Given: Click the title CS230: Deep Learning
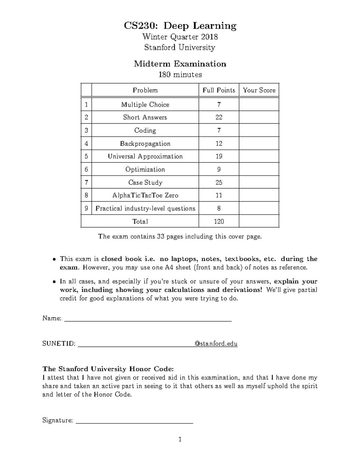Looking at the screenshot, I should click(x=180, y=26).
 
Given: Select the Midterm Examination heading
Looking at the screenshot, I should click(x=180, y=64).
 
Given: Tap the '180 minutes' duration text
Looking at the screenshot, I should click(x=180, y=74).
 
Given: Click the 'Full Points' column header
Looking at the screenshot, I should click(x=219, y=90).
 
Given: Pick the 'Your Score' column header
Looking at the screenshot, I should click(x=259, y=90).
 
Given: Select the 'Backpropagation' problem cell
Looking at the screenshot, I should click(x=145, y=144).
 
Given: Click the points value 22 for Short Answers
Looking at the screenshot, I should click(x=219, y=118).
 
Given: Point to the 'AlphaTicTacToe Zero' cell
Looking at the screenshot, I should click(x=145, y=196).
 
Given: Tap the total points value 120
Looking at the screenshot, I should click(x=219, y=222).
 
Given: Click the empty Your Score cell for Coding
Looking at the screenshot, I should click(x=259, y=131).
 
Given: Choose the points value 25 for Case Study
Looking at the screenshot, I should click(x=219, y=183).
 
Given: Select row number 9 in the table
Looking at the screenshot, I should click(x=86, y=209).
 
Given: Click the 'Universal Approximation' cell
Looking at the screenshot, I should click(x=145, y=157).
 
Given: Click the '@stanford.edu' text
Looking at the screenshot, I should click(x=216, y=344).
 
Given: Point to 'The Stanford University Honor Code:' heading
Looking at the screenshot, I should click(x=108, y=369).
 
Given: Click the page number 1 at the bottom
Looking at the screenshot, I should click(x=180, y=440).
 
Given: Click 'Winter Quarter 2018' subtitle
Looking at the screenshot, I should click(x=180, y=37).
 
